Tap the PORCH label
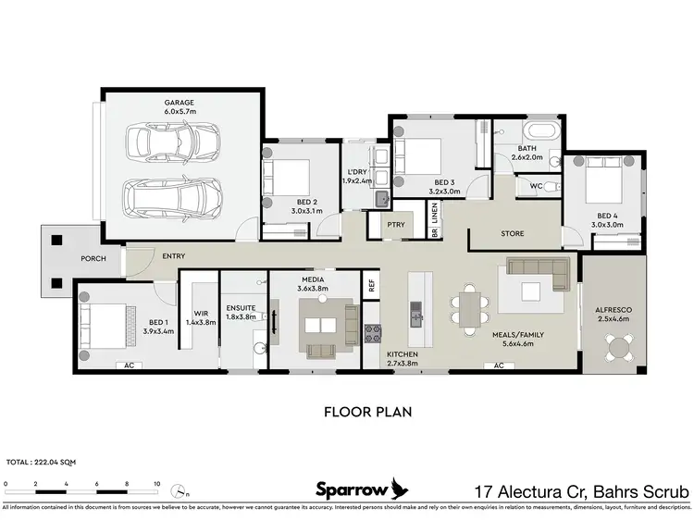pyautogui.click(x=93, y=258)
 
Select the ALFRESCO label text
pyautogui.click(x=610, y=311)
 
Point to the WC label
pyautogui.click(x=536, y=185)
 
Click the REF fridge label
pyautogui.click(x=370, y=285)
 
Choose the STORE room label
pyautogui.click(x=514, y=233)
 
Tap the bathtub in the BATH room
pyautogui.click(x=539, y=130)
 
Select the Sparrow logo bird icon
pyautogui.click(x=399, y=488)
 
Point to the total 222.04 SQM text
pyautogui.click(x=43, y=461)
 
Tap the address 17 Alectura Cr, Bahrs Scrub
pyautogui.click(x=580, y=489)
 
